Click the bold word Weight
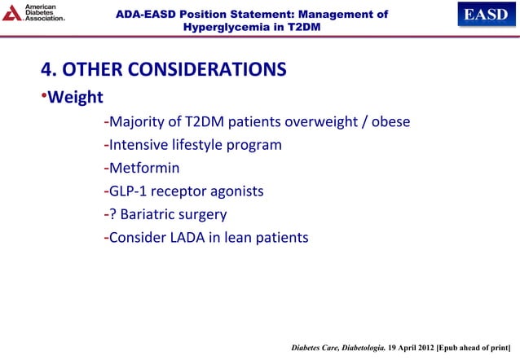74,99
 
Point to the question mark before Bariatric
112,215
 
